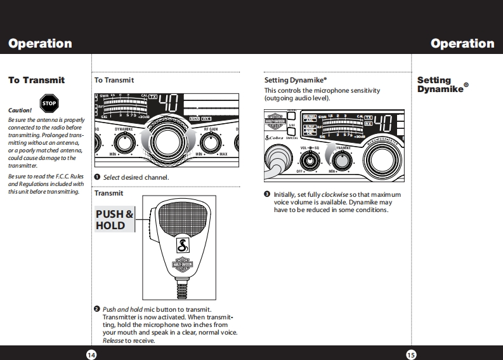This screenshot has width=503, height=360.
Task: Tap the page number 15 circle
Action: point(411,354)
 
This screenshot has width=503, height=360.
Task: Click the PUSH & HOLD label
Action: point(114,220)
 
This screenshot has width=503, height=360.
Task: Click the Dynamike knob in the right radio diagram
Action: point(343,160)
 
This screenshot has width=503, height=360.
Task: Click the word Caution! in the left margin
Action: point(20,110)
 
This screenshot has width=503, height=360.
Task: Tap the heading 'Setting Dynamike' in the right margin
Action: point(443,84)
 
